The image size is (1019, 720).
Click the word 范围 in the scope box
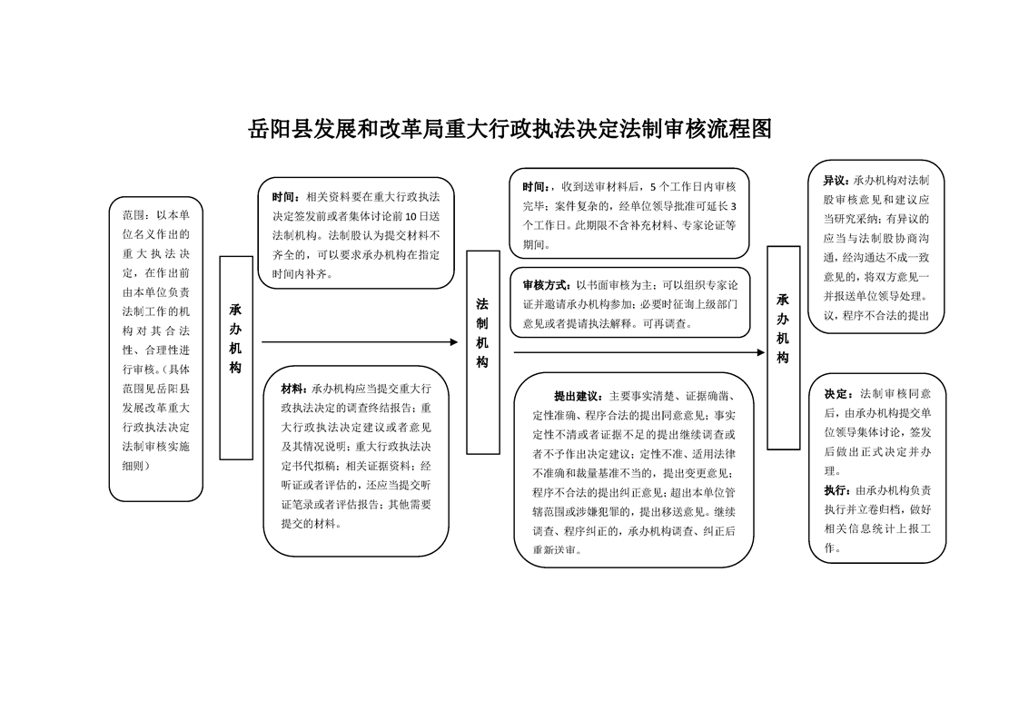coord(134,216)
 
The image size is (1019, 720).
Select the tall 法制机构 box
coord(483,351)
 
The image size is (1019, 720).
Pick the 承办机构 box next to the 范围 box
coord(236,357)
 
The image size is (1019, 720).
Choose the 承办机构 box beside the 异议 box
coord(783,347)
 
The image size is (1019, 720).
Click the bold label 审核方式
coord(544,284)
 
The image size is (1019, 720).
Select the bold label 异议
coord(835,181)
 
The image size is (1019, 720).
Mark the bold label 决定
coord(836,395)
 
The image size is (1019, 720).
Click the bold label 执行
coord(836,491)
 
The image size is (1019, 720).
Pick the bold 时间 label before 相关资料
coord(284,196)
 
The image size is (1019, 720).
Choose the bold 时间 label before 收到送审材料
coord(535,187)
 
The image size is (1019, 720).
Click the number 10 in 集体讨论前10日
coord(410,215)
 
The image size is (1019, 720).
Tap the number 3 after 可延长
coord(733,205)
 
